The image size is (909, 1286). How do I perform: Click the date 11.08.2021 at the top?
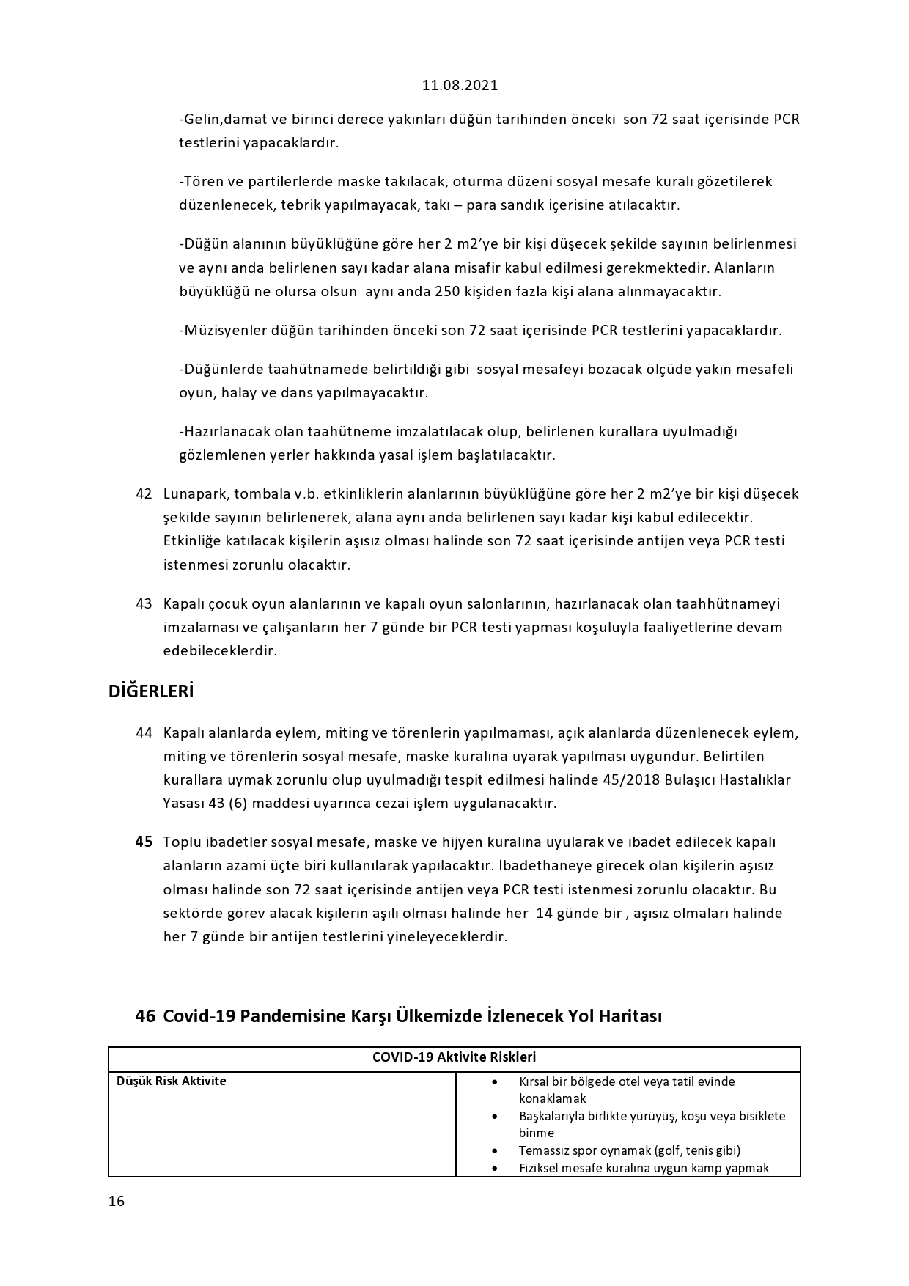click(x=460, y=85)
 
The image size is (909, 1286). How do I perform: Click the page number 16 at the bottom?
click(x=117, y=1201)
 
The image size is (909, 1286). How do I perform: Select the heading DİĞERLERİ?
click(x=151, y=691)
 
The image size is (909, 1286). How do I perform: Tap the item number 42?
click(x=144, y=493)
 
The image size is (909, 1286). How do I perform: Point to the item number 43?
click(x=144, y=604)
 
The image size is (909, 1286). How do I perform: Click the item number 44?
click(x=144, y=733)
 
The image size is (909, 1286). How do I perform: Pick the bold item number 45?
click(x=144, y=842)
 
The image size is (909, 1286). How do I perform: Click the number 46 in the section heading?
click(x=145, y=1016)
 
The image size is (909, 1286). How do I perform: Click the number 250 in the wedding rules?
click(x=447, y=292)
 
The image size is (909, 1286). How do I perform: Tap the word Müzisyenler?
click(x=224, y=331)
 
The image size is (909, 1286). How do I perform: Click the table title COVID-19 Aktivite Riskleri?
click(x=454, y=1057)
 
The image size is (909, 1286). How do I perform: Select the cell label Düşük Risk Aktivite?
click(x=172, y=1081)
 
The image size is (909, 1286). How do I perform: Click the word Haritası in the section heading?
click(x=630, y=1016)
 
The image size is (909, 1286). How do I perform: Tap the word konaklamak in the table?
click(x=552, y=1099)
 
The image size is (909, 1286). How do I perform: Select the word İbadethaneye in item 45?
click(x=545, y=866)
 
